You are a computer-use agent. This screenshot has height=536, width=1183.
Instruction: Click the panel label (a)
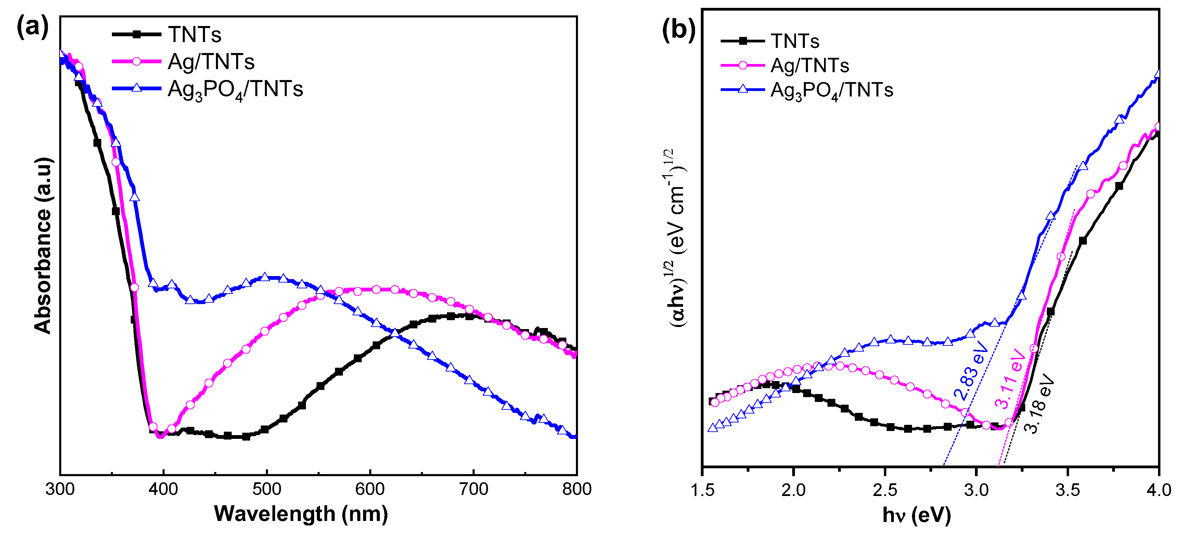pyautogui.click(x=32, y=27)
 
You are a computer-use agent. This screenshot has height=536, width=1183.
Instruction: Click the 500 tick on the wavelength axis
pyautogui.click(x=266, y=489)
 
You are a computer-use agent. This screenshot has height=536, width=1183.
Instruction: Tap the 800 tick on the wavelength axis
pyautogui.click(x=576, y=489)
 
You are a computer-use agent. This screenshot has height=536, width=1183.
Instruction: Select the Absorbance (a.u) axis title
pyautogui.click(x=43, y=246)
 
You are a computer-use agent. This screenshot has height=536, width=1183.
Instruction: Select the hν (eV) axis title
pyautogui.click(x=916, y=515)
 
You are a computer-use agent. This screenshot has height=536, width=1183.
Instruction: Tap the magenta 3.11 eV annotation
pyautogui.click(x=1010, y=379)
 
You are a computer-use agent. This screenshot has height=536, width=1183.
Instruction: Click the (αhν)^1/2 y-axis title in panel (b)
pyautogui.click(x=677, y=239)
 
